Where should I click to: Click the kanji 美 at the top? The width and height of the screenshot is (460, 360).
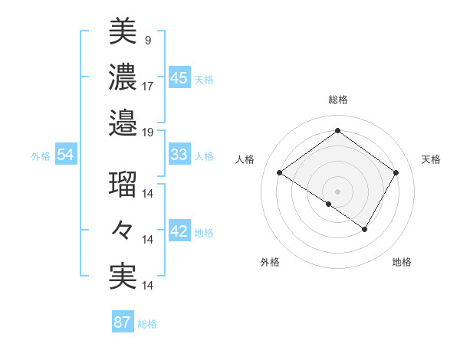click(123, 32)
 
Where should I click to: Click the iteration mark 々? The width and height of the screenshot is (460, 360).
click(123, 231)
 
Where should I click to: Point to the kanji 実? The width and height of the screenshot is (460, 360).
click(123, 277)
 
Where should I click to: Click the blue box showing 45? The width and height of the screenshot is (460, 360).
click(179, 77)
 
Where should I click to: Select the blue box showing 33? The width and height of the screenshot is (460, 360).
click(179, 155)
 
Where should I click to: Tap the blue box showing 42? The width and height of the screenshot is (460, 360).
click(179, 232)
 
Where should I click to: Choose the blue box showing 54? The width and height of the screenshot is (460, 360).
click(65, 155)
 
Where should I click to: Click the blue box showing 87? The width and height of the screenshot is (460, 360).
click(122, 322)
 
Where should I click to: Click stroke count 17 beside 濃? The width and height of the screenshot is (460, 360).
click(148, 86)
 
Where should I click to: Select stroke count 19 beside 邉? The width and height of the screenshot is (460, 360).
click(148, 132)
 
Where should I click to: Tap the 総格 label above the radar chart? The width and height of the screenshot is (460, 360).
click(337, 100)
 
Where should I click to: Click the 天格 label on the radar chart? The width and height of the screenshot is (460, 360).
click(431, 159)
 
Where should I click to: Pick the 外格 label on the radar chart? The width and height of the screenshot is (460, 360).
click(270, 262)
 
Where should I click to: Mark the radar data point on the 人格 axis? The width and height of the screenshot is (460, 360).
click(280, 174)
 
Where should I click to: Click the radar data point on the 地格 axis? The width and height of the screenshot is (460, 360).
click(365, 229)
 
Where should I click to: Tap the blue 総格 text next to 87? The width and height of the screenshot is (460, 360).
click(147, 324)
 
